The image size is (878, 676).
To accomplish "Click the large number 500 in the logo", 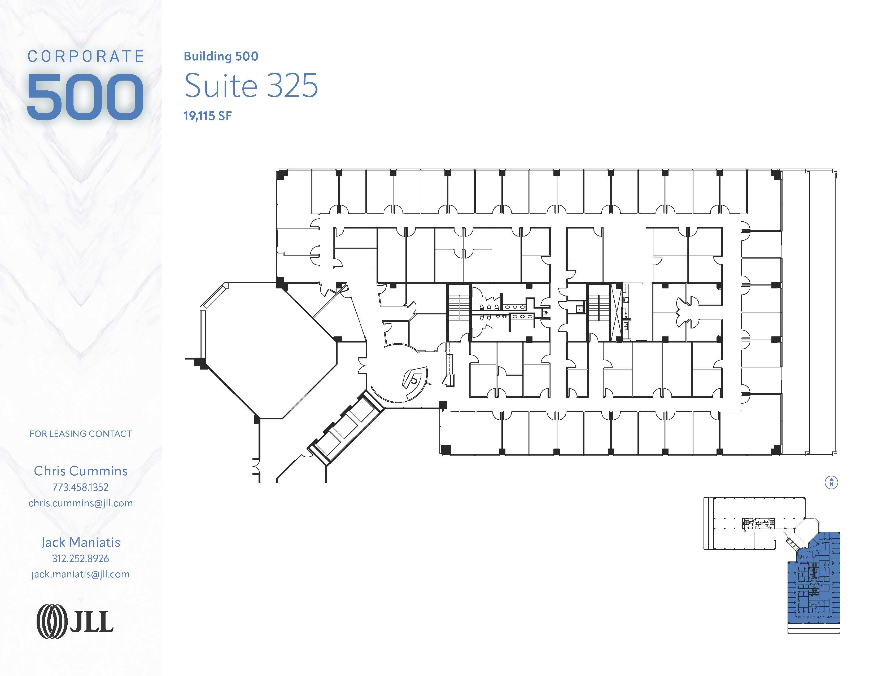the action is coord(85,97).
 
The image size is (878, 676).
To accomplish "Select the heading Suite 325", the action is coord(251,86).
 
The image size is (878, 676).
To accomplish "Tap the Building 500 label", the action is coord(221,56).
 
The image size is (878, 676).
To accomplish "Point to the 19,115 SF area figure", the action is coord(207,116).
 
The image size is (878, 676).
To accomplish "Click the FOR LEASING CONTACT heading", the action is coord(80,434).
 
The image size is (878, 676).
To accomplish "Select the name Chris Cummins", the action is coord(80,471).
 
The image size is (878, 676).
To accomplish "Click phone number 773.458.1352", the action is coord(80,487).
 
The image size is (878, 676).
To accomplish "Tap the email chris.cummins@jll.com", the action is coord(80,503).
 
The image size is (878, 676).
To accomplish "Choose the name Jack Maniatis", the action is coord(80,542).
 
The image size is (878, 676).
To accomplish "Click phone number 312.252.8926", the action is coord(80,558).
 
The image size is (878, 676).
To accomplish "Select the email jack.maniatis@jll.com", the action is coord(80,574).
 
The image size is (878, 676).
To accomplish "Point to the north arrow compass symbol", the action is coord(831,482).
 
